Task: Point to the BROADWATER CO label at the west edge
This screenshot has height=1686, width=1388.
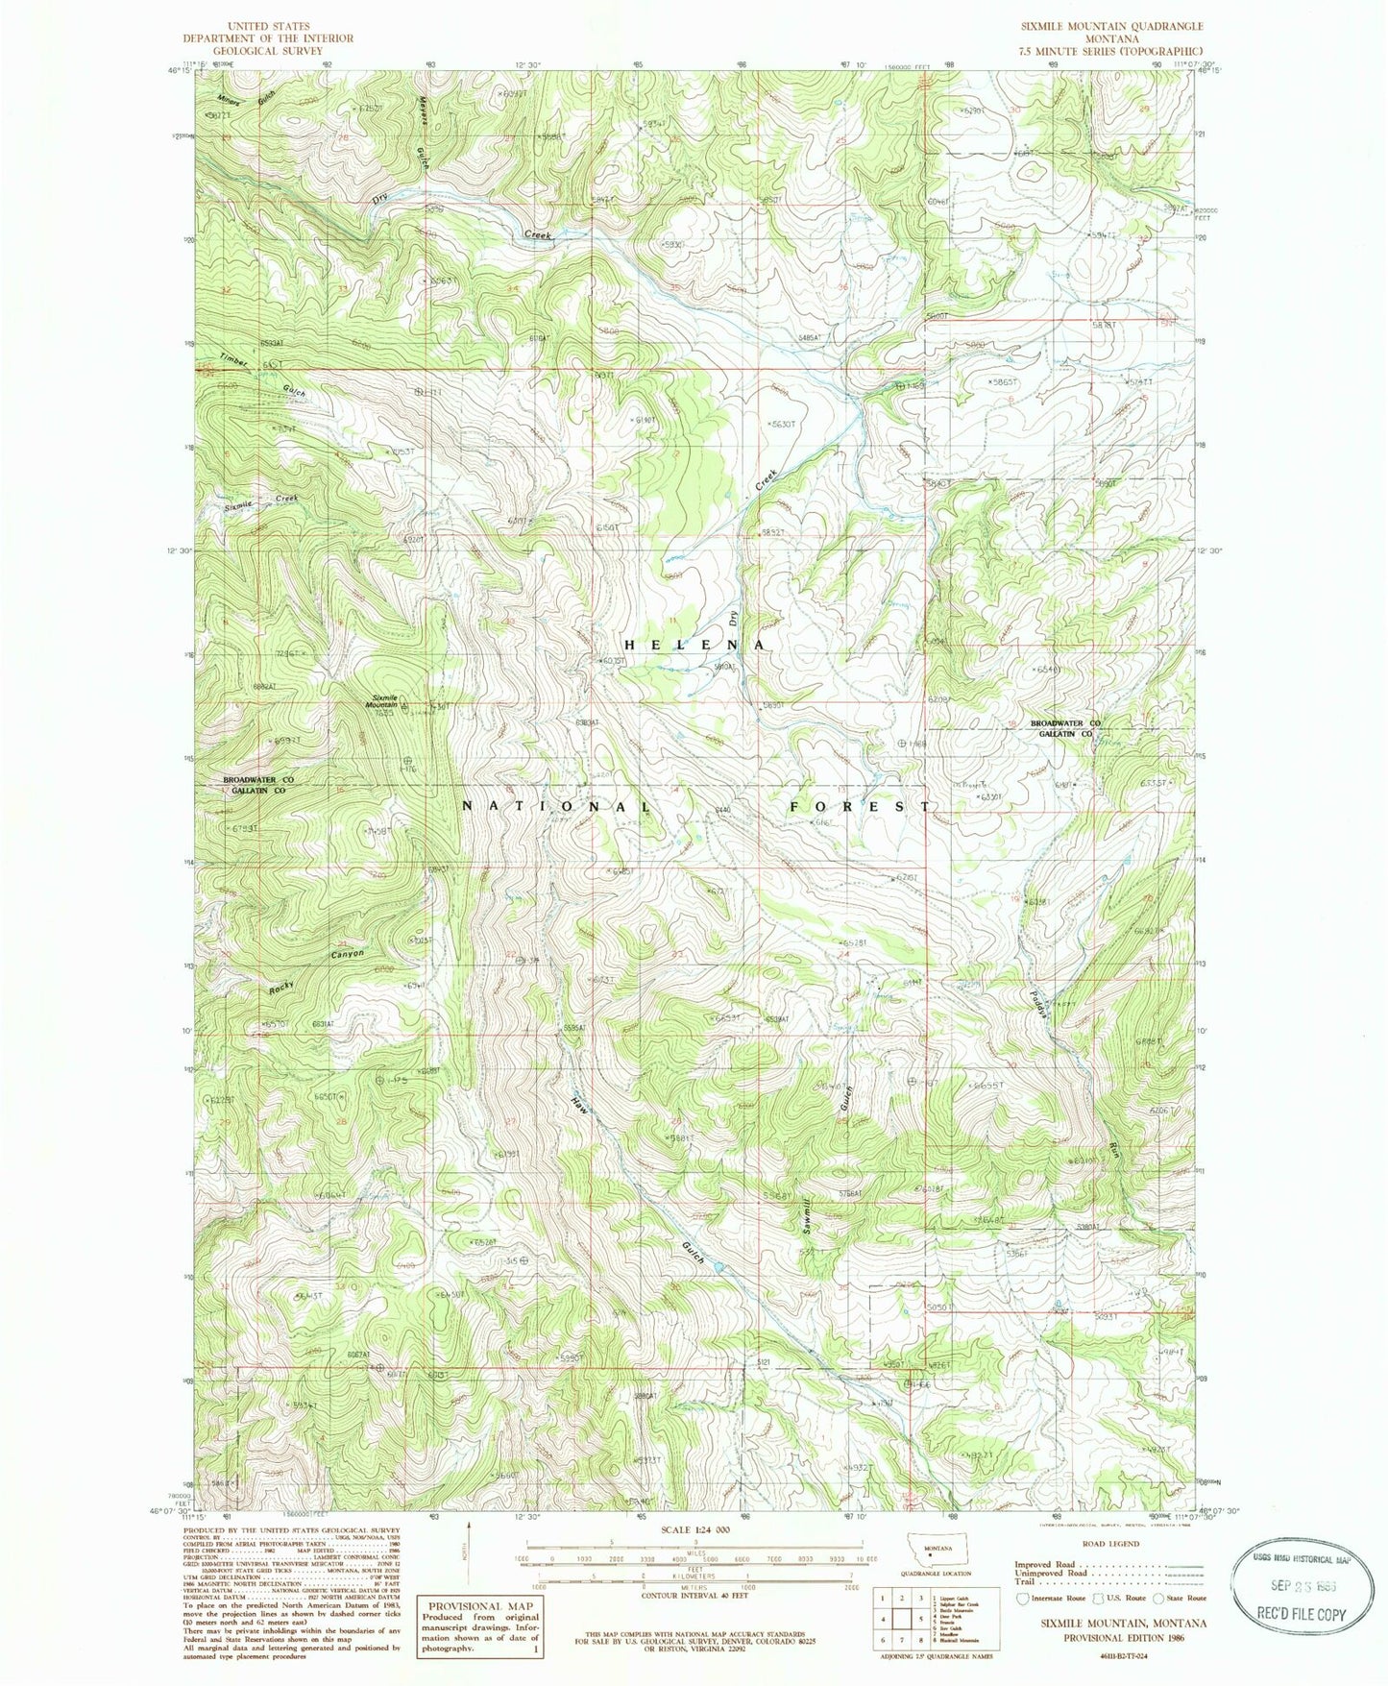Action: coord(257,779)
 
